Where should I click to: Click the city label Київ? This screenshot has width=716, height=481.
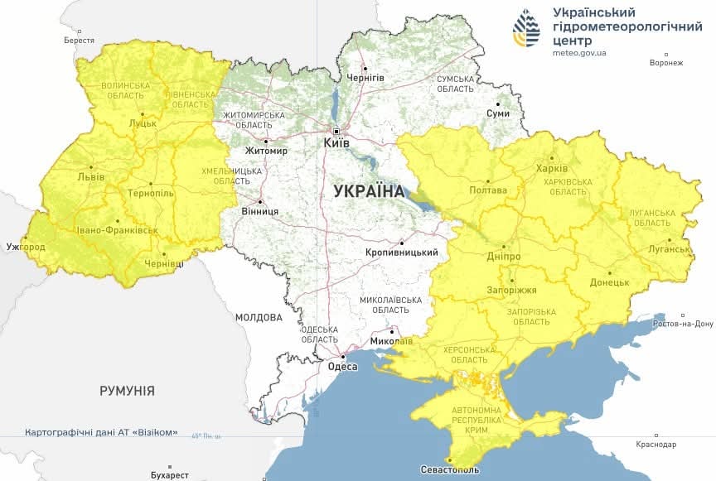coord(336,143)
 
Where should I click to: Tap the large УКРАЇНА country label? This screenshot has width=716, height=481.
coord(369,191)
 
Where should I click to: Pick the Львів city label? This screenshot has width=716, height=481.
coord(90,177)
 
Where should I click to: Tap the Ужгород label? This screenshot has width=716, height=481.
coord(26,247)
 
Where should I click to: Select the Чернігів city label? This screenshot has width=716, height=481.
coord(365,77)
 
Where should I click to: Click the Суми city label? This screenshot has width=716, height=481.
coord(498,113)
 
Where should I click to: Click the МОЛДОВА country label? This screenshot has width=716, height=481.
coord(258,317)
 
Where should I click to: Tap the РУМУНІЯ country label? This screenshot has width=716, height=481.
coord(127,390)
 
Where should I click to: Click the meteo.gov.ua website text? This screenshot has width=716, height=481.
coord(579,53)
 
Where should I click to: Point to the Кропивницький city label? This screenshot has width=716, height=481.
coord(401,253)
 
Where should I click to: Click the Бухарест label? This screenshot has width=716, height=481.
coord(171,475)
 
